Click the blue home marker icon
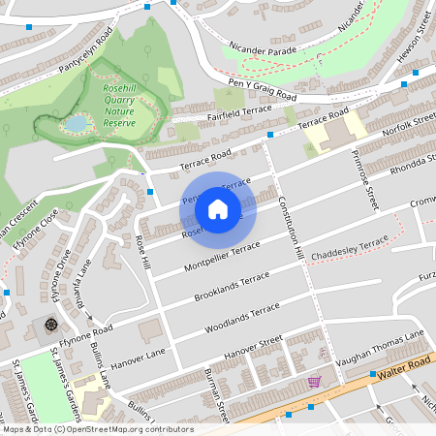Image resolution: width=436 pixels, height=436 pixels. point(218,208)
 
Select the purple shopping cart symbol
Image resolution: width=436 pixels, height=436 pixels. point(314,381)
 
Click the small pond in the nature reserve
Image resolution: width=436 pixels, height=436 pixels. point(74,124)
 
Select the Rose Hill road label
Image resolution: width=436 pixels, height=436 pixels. point(143,251)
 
